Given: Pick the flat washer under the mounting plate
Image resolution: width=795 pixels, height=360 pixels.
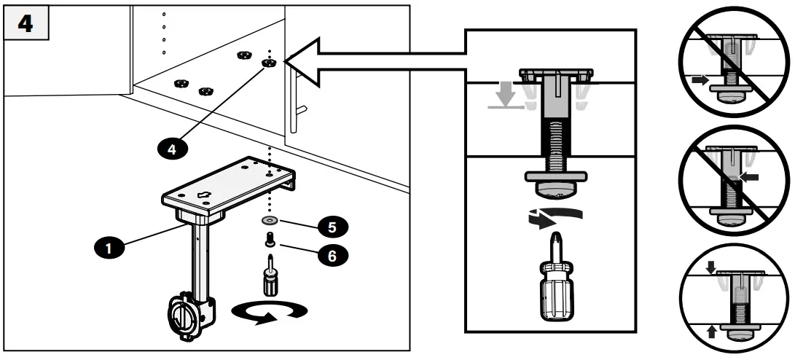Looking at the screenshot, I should [270, 218].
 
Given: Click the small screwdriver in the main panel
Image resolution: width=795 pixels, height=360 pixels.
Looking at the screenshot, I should [270, 276].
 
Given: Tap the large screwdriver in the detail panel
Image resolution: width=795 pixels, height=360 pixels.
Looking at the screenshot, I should [555, 287].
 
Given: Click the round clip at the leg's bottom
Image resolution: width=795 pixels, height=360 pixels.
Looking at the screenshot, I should [184, 317].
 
